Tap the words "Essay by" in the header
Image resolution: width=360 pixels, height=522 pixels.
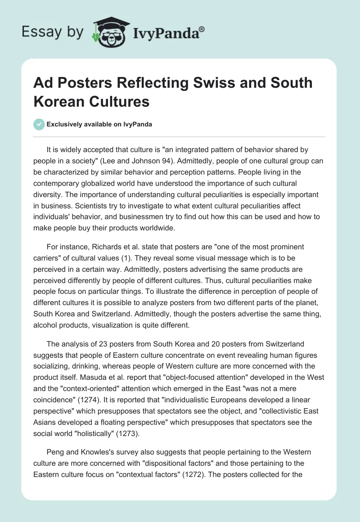tap(53, 31)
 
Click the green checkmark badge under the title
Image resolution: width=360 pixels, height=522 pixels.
tap(39, 124)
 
